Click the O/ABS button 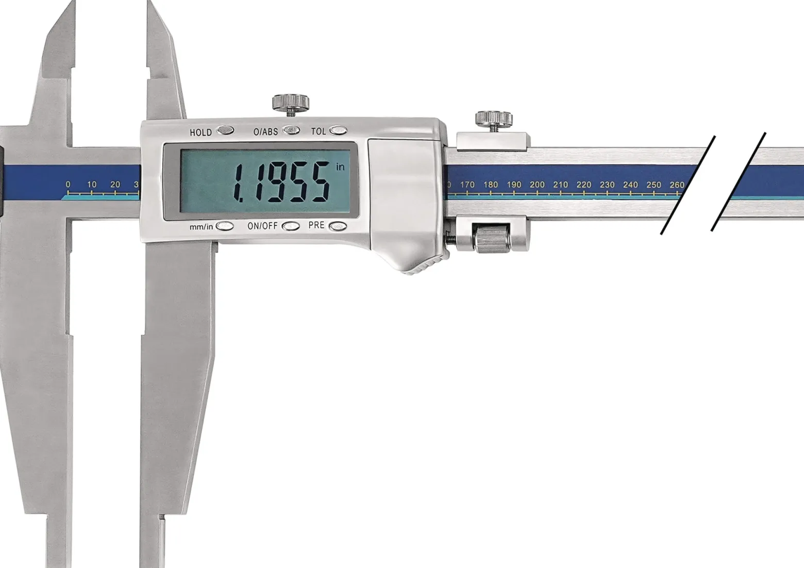291,130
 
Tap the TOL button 338,130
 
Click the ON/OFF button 290,226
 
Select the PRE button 338,226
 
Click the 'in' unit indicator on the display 340,167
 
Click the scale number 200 537,185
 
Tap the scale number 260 677,185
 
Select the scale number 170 467,185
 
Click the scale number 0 68,184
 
